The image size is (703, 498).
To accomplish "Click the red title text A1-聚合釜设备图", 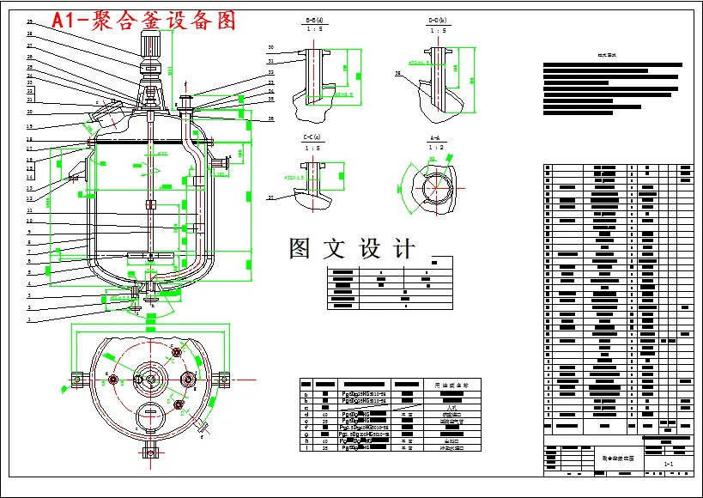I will tap(143, 21).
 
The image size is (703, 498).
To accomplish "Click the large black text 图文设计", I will tap(352, 249).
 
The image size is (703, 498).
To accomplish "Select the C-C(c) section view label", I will tap(312, 137).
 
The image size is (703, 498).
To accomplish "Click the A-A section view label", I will tap(437, 137).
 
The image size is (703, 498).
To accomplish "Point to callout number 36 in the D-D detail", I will tap(397, 75).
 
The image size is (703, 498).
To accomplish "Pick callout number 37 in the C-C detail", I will tap(270, 197).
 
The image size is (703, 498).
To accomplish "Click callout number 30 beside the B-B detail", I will tap(270, 47).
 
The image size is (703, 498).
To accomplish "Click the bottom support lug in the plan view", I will tap(151, 451).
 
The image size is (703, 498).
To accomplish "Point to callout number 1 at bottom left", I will tap(28, 319).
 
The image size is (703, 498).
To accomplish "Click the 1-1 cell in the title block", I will tap(668, 464).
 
